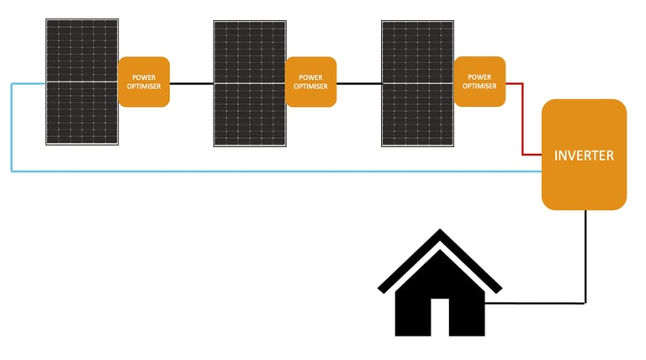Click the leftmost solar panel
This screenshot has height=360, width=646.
coord(82,82)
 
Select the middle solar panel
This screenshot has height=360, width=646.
coord(250,83)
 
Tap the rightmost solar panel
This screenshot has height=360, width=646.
coord(418,83)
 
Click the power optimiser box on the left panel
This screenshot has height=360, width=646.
coord(144,82)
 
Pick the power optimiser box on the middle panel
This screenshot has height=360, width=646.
coord(310,82)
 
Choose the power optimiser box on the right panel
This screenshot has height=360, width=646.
coord(479,82)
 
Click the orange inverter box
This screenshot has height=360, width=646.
coord(584,155)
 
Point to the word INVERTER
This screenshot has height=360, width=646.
coord(584,156)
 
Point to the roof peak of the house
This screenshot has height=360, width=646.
coord(439,232)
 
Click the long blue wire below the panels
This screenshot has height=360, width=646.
coord(269,171)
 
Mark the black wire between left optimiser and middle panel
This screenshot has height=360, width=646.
coord(191,83)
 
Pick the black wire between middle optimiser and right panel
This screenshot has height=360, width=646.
coord(358,83)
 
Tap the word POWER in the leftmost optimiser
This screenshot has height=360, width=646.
coord(144,77)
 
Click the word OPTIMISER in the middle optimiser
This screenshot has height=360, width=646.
coord(310,87)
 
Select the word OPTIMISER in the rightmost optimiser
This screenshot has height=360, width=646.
coord(479,86)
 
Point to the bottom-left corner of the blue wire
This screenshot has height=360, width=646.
coord(12,171)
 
